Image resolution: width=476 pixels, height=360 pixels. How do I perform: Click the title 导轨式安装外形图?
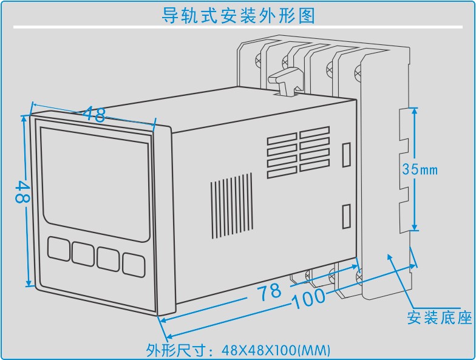pos(238,15)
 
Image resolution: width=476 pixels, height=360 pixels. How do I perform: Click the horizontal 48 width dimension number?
pos(95,114)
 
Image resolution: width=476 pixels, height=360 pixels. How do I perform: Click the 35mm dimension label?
pos(420,169)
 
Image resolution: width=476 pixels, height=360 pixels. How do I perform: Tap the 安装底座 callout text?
pos(439,318)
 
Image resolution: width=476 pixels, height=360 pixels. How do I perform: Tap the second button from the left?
pos(83,253)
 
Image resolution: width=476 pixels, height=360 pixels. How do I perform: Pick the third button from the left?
pos(108,257)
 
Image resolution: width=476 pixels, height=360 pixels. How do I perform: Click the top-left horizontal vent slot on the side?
pos(282,141)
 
